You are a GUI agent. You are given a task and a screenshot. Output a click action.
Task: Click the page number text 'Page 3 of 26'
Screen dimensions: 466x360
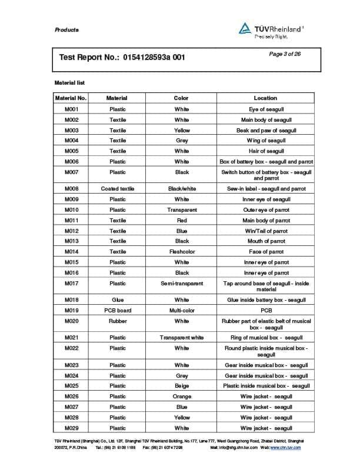(285, 54)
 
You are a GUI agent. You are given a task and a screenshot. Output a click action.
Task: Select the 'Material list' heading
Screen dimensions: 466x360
(69, 83)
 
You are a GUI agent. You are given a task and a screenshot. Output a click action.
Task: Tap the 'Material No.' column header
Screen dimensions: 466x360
(71, 98)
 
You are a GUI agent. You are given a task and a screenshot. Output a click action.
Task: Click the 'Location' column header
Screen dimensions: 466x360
(265, 98)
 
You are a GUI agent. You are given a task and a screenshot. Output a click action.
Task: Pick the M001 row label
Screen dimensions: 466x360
(71, 109)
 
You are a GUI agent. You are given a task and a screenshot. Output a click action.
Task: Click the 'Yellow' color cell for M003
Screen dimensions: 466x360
(182, 130)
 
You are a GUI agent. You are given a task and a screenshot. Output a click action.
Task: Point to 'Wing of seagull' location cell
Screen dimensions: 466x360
(266, 141)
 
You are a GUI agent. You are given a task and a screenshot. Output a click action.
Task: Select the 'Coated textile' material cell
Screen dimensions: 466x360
(118, 189)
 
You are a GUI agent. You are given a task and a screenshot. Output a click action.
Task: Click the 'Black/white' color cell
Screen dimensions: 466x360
(182, 189)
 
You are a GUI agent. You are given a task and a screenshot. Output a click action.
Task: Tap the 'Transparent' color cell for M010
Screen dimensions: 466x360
(182, 210)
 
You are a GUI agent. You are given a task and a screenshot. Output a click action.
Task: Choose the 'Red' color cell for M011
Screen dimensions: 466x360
(182, 221)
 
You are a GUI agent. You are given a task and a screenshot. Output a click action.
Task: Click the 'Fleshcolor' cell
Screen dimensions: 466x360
(182, 252)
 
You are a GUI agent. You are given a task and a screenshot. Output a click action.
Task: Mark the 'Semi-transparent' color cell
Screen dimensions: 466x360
(182, 284)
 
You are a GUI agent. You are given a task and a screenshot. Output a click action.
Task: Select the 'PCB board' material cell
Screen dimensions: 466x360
(118, 311)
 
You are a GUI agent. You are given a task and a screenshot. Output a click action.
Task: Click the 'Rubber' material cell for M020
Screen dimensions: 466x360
(118, 321)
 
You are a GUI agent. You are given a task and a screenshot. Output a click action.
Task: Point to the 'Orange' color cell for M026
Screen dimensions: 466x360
(182, 397)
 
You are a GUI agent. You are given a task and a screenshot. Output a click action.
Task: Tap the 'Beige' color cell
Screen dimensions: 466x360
(182, 386)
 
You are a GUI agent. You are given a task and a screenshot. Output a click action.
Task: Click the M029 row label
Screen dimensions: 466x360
(71, 428)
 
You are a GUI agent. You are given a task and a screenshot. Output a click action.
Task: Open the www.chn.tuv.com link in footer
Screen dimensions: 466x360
(285, 448)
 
